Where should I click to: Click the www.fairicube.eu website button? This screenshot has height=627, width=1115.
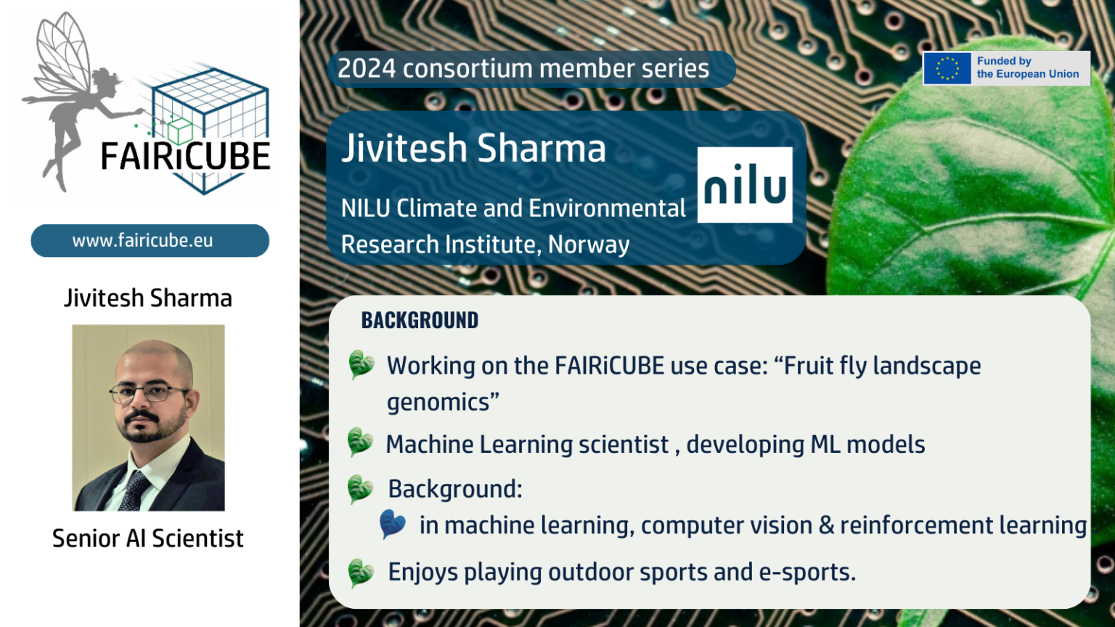[x=150, y=241]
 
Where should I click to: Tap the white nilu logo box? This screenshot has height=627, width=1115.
[x=745, y=184]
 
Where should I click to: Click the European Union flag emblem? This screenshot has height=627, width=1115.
[x=947, y=68]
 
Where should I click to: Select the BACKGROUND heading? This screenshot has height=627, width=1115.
[x=420, y=321]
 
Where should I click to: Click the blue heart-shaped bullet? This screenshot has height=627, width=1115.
[x=392, y=524]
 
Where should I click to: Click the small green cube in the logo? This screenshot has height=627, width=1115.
[x=180, y=131]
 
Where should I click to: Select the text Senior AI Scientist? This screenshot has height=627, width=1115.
[x=148, y=538]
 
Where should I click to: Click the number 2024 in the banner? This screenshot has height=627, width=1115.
[x=367, y=69]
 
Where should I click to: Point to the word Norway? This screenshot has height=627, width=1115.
[x=589, y=245]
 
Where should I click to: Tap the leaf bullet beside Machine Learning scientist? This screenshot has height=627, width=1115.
[x=360, y=442]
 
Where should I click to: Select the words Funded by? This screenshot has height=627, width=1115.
[x=1004, y=61]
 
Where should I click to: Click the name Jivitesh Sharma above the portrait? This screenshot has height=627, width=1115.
[x=148, y=298]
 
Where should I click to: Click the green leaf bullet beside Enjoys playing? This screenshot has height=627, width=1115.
[x=361, y=573]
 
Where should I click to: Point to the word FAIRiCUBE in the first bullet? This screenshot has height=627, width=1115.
[x=610, y=366]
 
